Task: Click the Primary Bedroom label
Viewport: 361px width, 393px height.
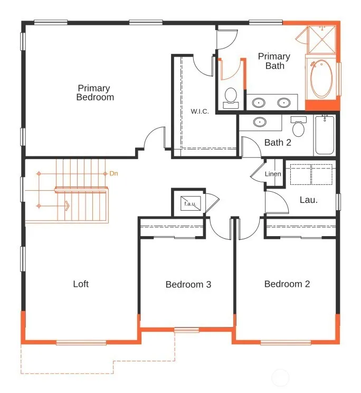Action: coord(95,92)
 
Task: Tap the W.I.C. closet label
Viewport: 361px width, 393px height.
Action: coord(199,111)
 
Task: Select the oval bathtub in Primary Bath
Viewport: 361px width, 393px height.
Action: coord(321,79)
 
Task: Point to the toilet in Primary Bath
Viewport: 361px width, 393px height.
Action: coord(231,98)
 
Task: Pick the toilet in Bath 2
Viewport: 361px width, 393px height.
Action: coord(298,126)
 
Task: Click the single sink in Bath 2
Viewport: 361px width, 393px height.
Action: coord(260,122)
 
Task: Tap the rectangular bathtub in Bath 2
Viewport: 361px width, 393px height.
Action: coord(325,135)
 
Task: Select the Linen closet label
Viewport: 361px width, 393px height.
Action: coord(273,174)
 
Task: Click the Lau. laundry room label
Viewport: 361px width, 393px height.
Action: coord(308,200)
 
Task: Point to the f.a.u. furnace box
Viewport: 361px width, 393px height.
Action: coord(191,203)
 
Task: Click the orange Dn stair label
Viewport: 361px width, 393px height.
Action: coord(113,173)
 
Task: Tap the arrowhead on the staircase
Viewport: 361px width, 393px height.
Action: coord(68,206)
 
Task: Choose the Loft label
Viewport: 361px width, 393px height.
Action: coord(81,284)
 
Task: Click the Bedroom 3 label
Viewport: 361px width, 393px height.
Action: coord(188,285)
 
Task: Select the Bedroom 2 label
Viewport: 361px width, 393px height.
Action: coord(287,284)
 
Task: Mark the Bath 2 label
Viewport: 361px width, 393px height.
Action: coord(278,143)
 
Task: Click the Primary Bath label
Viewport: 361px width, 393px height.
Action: coord(274,61)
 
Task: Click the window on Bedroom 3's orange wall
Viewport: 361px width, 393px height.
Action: coord(186,330)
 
